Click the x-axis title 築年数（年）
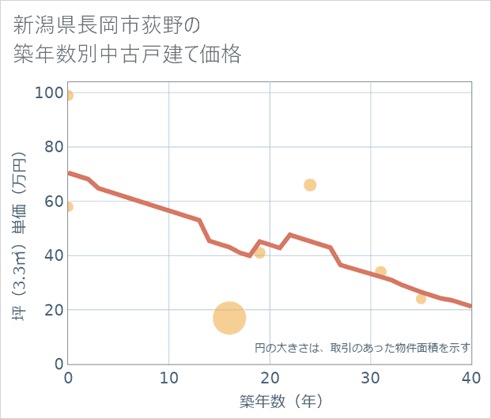pyautogui.click(x=270, y=402)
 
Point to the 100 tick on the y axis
pyautogui.click(x=49, y=92)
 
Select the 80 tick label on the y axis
pyautogui.click(x=53, y=147)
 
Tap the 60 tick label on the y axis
pyautogui.click(x=53, y=202)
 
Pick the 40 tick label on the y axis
pyautogui.click(x=53, y=255)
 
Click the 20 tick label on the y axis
pyautogui.click(x=53, y=310)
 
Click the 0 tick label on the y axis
pyautogui.click(x=58, y=364)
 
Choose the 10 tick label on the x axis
pyautogui.click(x=169, y=379)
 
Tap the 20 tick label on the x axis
pyautogui.click(x=270, y=379)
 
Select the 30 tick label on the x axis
pyautogui.click(x=370, y=379)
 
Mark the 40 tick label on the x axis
pyautogui.click(x=470, y=379)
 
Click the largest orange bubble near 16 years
pyautogui.click(x=229, y=318)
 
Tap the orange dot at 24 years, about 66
pyautogui.click(x=310, y=185)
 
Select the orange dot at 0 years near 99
pyautogui.click(x=69, y=96)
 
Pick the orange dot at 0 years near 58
pyautogui.click(x=69, y=207)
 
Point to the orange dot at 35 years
pyautogui.click(x=421, y=299)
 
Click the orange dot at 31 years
pyautogui.click(x=380, y=272)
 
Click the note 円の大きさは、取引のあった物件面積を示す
pyautogui.click(x=363, y=347)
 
